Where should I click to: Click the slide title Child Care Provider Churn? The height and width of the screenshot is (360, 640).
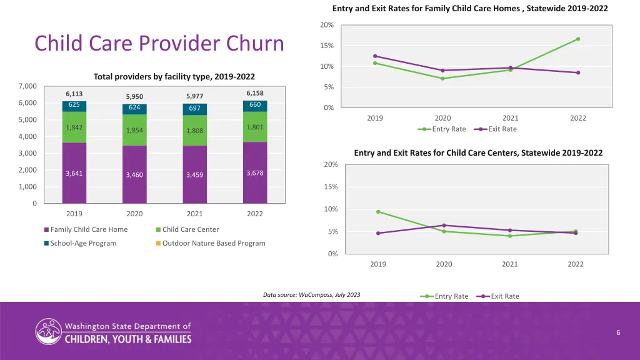(159, 44)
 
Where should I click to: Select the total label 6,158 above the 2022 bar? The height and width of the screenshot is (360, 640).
(255, 93)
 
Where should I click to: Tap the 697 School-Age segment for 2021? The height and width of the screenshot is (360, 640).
(194, 109)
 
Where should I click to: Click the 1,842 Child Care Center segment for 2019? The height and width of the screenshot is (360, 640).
(74, 127)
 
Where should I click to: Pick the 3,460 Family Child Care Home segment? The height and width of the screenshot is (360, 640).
(134, 175)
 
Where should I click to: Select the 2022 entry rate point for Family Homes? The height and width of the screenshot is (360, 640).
(578, 39)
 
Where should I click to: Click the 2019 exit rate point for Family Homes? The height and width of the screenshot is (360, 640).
(375, 56)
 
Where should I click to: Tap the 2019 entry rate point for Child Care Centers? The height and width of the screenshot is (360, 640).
(378, 212)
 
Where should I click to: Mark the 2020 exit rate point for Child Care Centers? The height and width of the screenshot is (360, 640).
(444, 225)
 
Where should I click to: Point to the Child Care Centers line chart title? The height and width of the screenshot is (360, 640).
(478, 152)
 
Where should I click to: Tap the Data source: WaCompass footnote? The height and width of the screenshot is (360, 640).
(311, 294)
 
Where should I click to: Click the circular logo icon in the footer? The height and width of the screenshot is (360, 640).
(48, 331)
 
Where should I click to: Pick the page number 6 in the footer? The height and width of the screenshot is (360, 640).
(617, 332)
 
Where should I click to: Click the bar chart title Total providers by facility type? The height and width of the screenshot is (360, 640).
(174, 77)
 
